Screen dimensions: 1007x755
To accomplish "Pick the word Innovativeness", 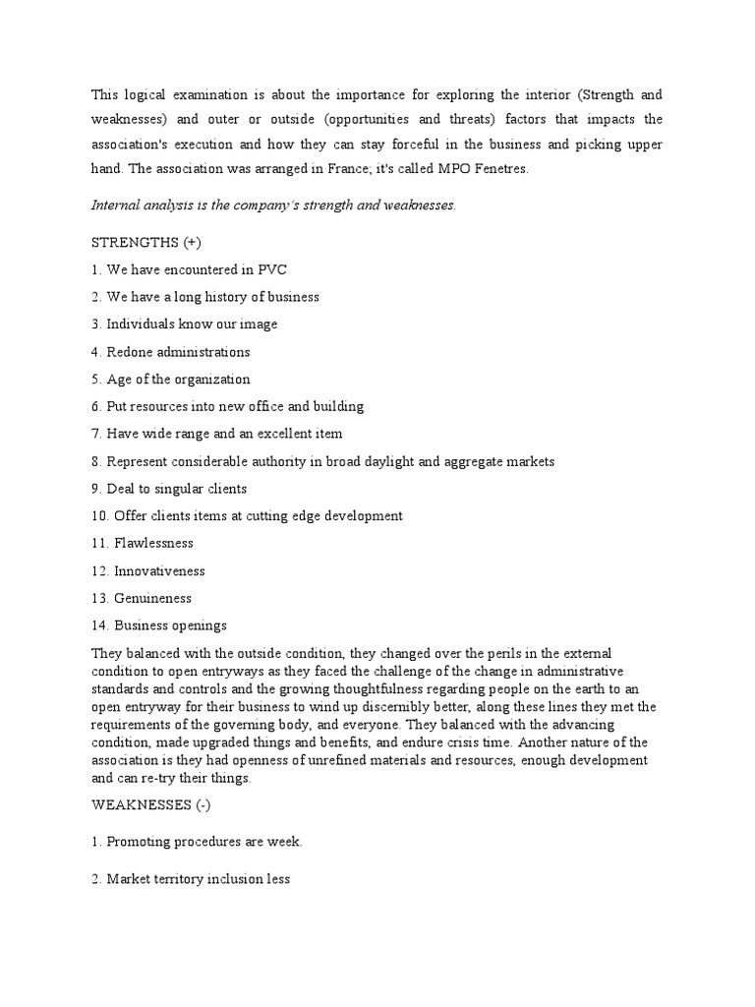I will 159,570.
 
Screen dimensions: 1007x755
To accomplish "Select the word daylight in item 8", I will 396,461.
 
